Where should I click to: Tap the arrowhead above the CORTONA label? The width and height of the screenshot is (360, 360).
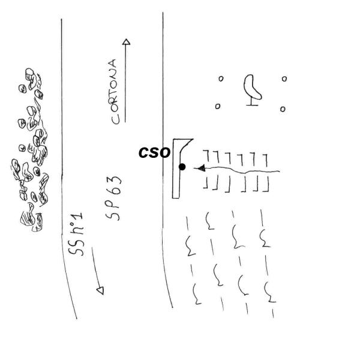[x=126, y=43]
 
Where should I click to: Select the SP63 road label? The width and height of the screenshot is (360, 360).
[x=116, y=199]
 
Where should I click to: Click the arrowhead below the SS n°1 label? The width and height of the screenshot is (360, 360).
[x=100, y=290]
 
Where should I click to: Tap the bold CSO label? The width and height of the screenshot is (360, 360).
[x=154, y=153]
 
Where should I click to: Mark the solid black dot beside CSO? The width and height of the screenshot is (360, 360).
[x=182, y=167]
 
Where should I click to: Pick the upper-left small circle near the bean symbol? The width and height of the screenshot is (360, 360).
[x=221, y=78]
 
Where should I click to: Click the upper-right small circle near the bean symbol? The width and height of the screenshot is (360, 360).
[x=284, y=79]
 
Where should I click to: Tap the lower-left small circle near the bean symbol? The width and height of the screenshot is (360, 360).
[x=218, y=106]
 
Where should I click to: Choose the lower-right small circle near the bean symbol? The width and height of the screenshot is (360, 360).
[x=283, y=109]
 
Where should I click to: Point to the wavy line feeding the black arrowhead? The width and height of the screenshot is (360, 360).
[x=246, y=172]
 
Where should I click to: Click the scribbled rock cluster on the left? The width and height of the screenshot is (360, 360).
[x=30, y=150]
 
